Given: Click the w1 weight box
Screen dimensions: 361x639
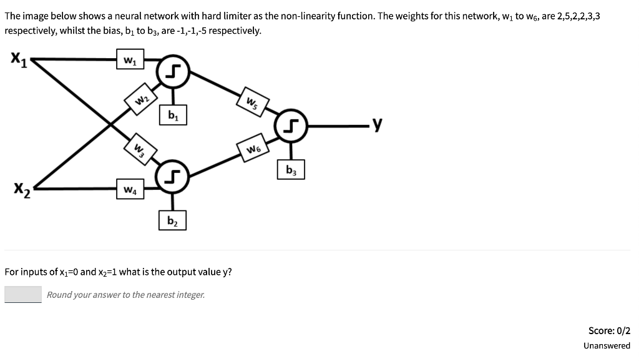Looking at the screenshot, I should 129,61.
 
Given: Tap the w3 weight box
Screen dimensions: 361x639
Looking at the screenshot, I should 141,150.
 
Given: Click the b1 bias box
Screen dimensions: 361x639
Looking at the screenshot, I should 172,116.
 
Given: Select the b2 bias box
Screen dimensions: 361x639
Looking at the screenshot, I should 172,221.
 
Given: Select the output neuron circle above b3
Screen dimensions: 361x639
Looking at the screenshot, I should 291,126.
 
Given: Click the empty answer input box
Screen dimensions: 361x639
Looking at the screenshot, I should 23,294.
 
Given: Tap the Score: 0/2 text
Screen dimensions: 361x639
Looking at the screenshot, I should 609,330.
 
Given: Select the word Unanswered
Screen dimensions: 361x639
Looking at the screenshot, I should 607,345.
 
